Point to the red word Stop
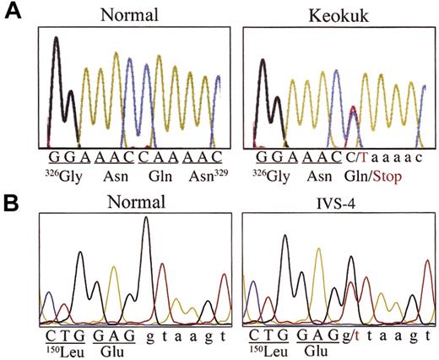pos(388,178)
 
